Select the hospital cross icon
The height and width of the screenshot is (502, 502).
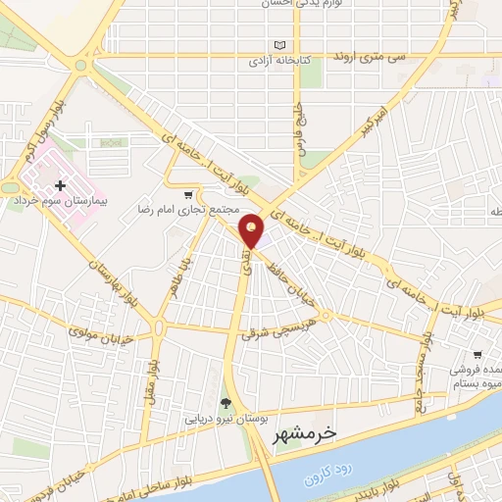[x=61, y=184]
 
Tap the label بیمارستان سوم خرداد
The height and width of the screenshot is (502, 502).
[x=60, y=199]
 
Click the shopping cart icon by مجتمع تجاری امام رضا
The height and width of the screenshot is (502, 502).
[x=187, y=193]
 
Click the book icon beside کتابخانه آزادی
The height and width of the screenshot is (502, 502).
[x=282, y=46]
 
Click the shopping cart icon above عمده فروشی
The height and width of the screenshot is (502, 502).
[x=477, y=354]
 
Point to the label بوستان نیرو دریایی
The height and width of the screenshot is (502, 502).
[x=226, y=419]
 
